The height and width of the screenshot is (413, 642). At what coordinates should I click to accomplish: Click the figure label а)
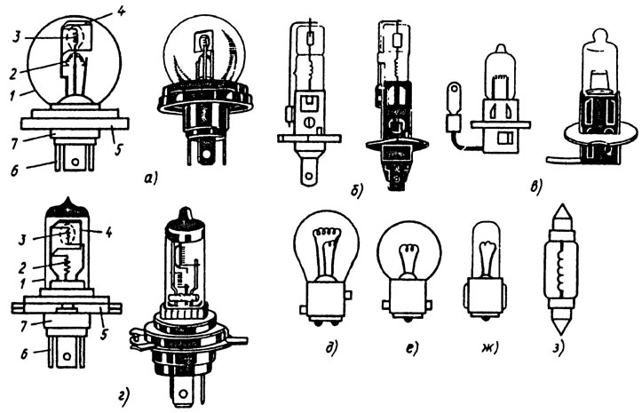point(151,179)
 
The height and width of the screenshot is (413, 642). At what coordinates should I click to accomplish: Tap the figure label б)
point(357,191)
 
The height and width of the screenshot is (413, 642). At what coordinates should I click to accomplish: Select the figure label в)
point(535,187)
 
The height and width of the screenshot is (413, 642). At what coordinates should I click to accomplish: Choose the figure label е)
point(412,348)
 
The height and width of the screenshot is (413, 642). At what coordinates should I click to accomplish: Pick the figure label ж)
point(490,348)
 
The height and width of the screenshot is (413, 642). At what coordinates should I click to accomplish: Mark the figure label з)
point(559,349)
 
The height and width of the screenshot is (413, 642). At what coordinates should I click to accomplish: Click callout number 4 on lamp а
point(121,11)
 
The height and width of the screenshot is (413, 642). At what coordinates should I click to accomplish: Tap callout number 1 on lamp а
point(12,95)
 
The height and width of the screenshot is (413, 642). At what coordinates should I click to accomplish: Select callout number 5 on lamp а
point(117,150)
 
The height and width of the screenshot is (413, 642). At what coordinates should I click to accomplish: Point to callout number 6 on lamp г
point(24,353)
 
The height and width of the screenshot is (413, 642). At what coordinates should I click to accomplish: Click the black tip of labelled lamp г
point(68,207)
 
